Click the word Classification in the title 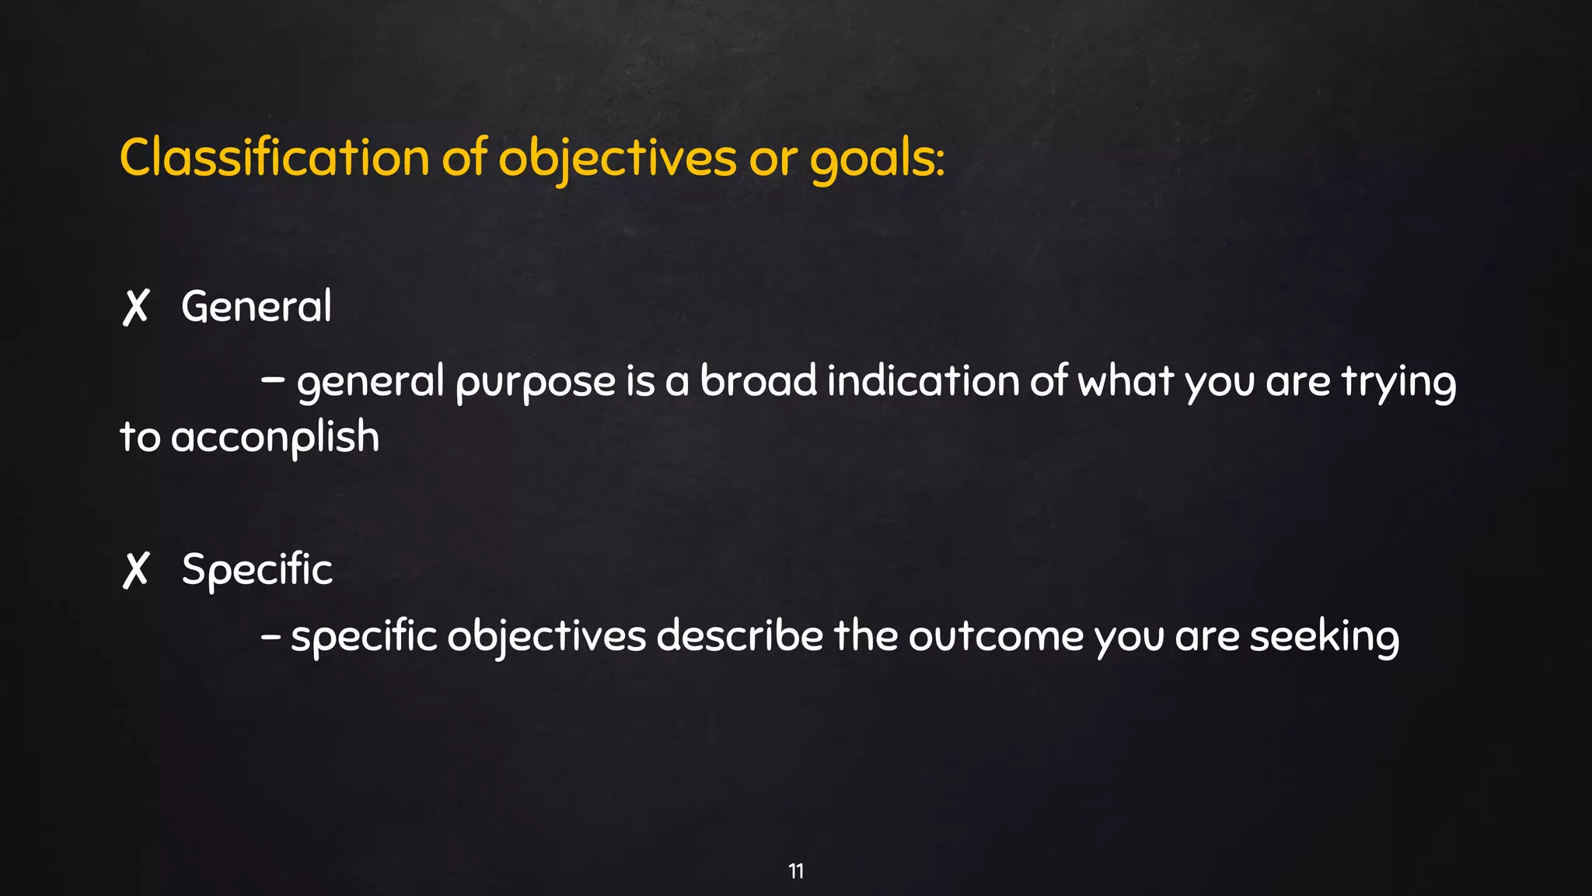[x=274, y=158]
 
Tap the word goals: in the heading [x=877, y=159]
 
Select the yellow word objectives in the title [x=616, y=159]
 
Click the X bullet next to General [x=135, y=307]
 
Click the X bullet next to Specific [x=135, y=570]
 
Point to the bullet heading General [x=257, y=306]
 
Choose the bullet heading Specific [x=257, y=570]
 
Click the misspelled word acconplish [x=275, y=437]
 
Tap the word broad [x=758, y=381]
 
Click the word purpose [x=536, y=383]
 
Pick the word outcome [x=996, y=636]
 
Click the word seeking [x=1324, y=637]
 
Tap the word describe [x=739, y=635]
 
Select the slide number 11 [x=796, y=871]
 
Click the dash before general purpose [x=273, y=381]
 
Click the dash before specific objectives [x=271, y=636]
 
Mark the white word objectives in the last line [x=546, y=637]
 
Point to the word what [x=1126, y=381]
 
